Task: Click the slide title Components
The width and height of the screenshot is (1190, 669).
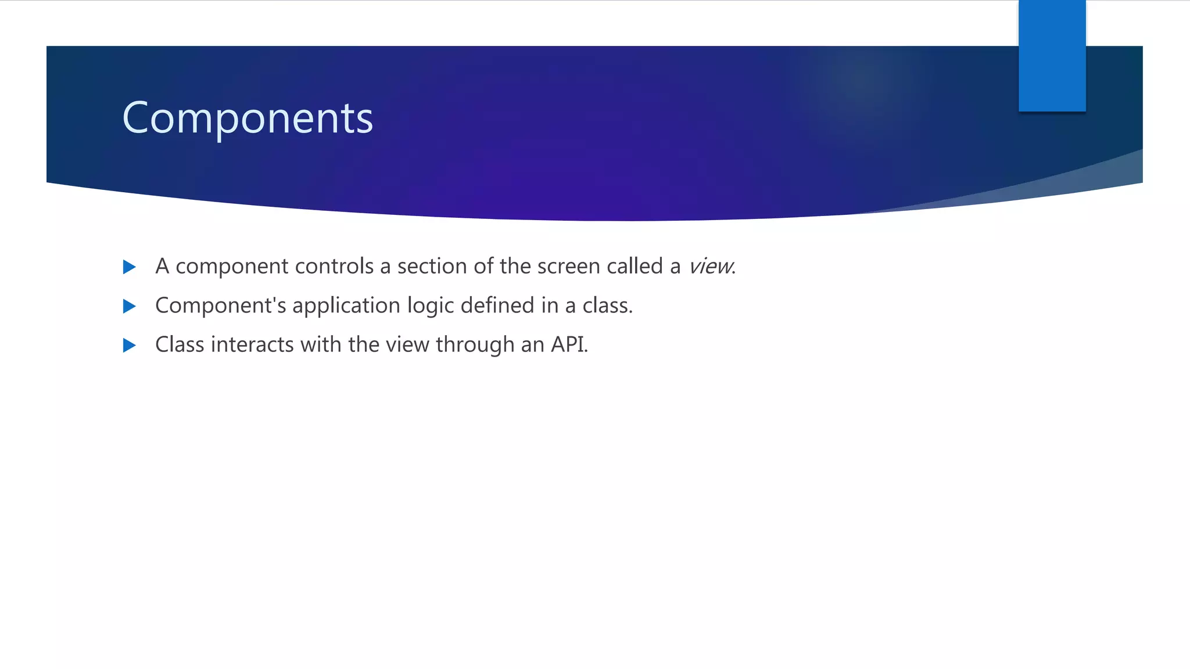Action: click(x=248, y=118)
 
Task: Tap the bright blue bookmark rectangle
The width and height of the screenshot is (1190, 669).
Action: click(x=1052, y=56)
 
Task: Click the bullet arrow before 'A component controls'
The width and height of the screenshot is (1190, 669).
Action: click(x=130, y=267)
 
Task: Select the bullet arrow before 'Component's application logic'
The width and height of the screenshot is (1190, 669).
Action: click(x=130, y=306)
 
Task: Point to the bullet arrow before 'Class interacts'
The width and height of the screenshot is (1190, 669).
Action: click(x=130, y=346)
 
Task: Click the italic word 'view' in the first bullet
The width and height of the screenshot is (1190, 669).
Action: click(x=710, y=267)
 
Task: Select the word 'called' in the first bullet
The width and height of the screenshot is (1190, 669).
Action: click(x=635, y=267)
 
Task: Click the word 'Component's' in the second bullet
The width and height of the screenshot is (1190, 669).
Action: click(x=221, y=305)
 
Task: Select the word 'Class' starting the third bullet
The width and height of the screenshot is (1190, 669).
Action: click(x=180, y=345)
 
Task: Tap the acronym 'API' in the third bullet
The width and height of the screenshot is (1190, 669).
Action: click(x=568, y=345)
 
